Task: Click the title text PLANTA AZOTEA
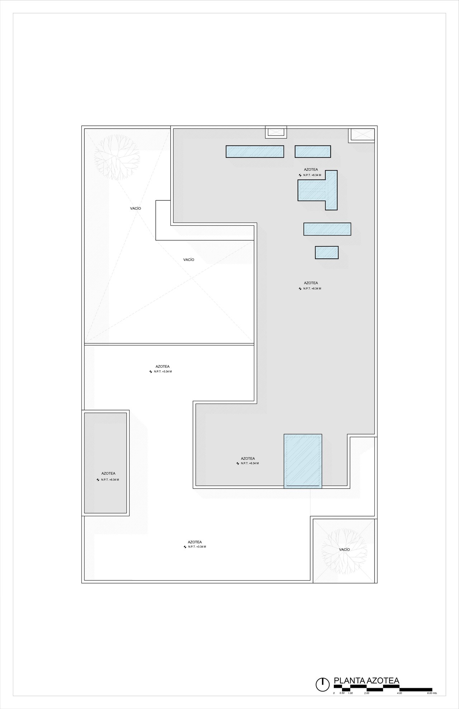(366, 681)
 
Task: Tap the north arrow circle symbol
(323, 684)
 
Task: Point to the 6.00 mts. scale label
(432, 693)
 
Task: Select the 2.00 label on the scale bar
(367, 693)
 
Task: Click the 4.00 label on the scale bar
(400, 693)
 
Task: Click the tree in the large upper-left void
(117, 157)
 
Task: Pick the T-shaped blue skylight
(318, 190)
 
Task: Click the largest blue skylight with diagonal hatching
(303, 461)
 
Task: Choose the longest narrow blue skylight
(255, 151)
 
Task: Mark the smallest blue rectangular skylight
(327, 252)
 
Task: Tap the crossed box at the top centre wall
(276, 132)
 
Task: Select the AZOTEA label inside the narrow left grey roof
(108, 474)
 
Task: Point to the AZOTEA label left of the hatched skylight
(248, 458)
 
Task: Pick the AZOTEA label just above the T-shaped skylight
(311, 170)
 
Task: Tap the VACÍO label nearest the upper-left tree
(136, 208)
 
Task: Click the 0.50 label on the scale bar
(342, 693)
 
